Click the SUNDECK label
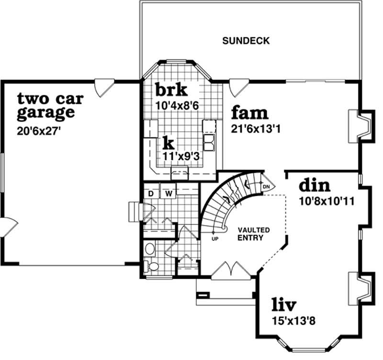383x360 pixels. tap(246, 41)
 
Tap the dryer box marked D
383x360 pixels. tap(150, 193)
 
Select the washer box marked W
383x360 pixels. tap(169, 193)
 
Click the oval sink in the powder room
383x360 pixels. tap(150, 248)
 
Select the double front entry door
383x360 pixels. tap(232, 270)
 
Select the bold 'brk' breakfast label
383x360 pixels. tap(171, 90)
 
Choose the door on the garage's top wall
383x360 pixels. tap(104, 87)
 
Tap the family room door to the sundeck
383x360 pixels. tap(238, 87)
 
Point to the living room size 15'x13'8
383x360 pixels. tap(288, 321)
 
